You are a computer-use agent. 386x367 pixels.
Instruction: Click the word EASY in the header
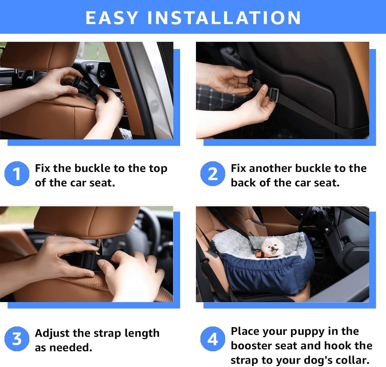(x=112, y=18)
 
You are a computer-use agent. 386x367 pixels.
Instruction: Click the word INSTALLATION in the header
(x=224, y=18)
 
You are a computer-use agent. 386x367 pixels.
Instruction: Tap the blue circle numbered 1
(x=17, y=174)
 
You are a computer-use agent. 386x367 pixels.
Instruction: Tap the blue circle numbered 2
(x=212, y=174)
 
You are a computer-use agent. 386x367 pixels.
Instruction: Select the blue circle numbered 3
(x=17, y=339)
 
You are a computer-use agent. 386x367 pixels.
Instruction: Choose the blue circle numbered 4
(x=212, y=339)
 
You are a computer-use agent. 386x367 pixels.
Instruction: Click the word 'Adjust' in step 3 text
(x=52, y=333)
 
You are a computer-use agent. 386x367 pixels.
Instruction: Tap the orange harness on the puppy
(x=262, y=255)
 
